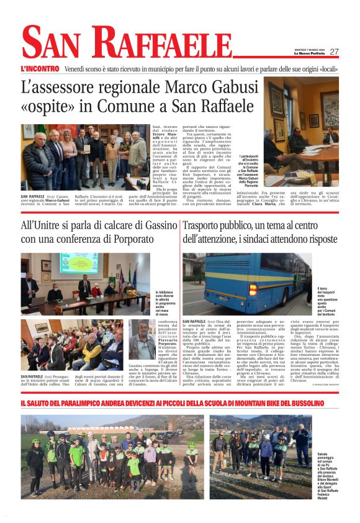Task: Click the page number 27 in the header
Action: click(x=334, y=52)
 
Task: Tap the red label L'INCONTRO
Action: click(x=40, y=68)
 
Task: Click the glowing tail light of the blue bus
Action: click(x=253, y=289)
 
